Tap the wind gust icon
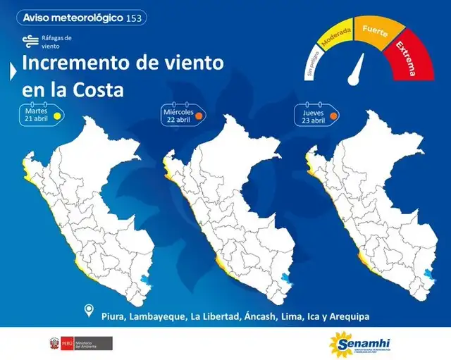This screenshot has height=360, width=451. (30, 41)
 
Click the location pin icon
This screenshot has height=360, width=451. (89, 311)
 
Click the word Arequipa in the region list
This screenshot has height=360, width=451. (344, 316)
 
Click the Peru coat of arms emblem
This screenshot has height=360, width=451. (54, 344)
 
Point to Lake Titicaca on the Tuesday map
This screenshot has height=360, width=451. (146, 280)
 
